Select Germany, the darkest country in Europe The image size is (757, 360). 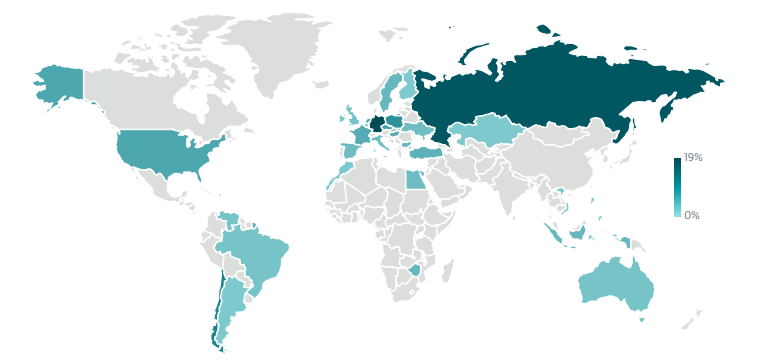point(377,125)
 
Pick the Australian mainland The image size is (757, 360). point(615,285)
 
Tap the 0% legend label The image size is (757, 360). point(692,215)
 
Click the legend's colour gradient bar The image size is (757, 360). point(677,187)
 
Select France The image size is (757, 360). point(361,134)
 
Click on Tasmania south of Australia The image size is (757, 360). point(641,320)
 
